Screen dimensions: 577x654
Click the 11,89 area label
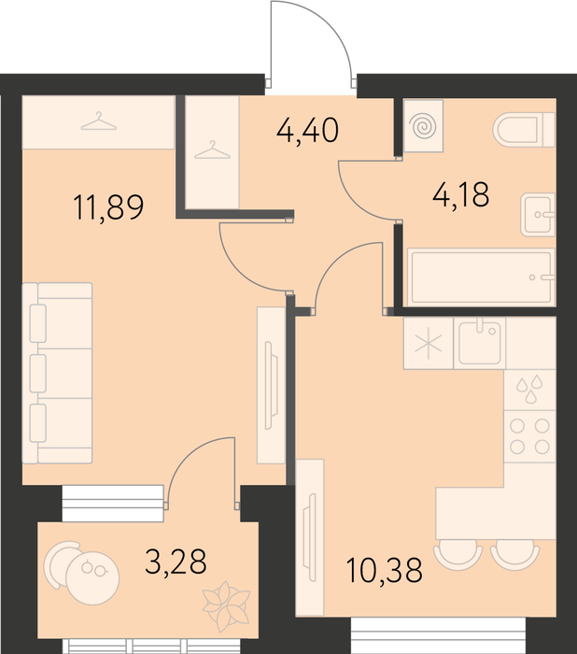pyautogui.click(x=108, y=207)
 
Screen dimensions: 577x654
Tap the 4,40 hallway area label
pyautogui.click(x=307, y=131)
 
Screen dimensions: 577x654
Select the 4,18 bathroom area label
pyautogui.click(x=460, y=194)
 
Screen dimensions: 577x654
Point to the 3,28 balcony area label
pyautogui.click(x=176, y=562)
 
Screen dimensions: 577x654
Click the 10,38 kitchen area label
pyautogui.click(x=384, y=570)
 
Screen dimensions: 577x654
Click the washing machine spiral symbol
pyautogui.click(x=423, y=125)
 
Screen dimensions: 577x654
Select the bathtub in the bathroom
pyautogui.click(x=482, y=277)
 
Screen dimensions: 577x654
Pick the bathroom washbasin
pyautogui.click(x=538, y=215)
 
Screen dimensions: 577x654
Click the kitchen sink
pyautogui.click(x=480, y=343)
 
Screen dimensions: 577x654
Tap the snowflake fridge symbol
pyautogui.click(x=429, y=344)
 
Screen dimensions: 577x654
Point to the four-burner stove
pyautogui.click(x=529, y=436)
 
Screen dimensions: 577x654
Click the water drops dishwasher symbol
pyautogui.click(x=529, y=389)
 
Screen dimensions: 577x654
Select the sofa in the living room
pyautogui.click(x=57, y=373)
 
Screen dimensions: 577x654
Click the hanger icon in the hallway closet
pyautogui.click(x=212, y=150)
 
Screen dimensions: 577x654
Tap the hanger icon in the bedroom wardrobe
pyautogui.click(x=98, y=121)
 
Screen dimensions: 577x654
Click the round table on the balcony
pyautogui.click(x=92, y=578)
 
